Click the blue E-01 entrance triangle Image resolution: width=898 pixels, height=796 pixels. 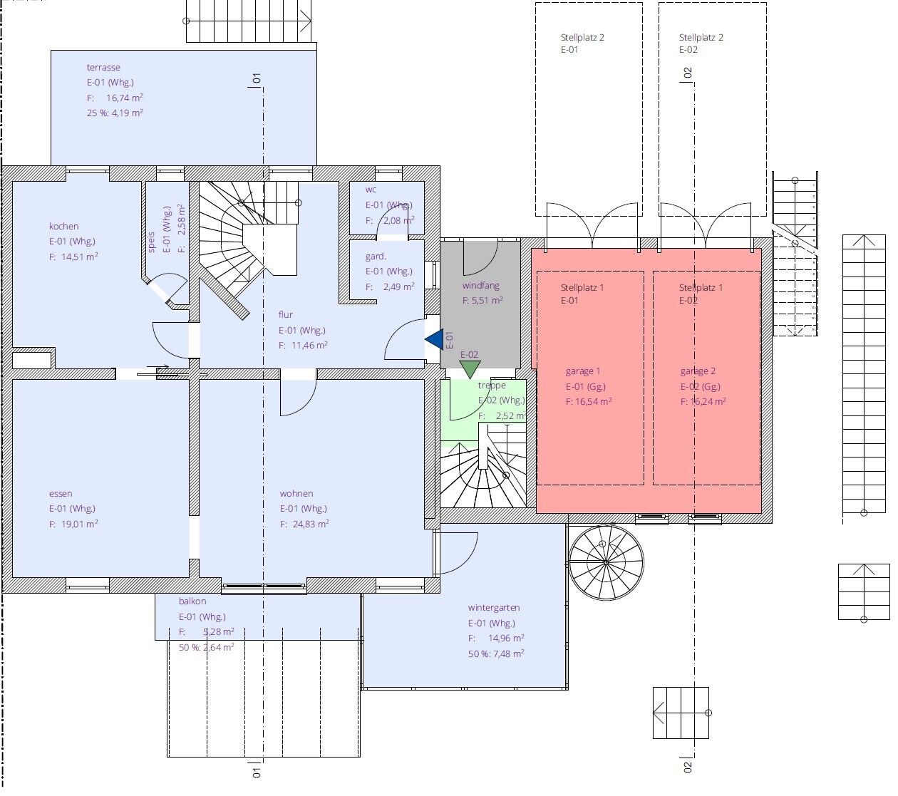click(436, 340)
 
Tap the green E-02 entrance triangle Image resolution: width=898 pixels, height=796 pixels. click(470, 369)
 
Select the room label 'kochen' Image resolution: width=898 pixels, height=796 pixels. click(64, 226)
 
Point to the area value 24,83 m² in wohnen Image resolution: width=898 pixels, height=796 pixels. click(310, 524)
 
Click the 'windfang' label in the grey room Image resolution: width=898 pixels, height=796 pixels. click(480, 285)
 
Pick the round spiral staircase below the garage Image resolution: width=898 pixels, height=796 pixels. click(606, 562)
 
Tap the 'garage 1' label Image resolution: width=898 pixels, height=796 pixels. click(583, 371)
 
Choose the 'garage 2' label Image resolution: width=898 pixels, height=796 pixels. click(698, 371)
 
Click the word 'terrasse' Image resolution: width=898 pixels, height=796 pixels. click(103, 68)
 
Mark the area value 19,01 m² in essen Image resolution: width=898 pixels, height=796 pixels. click(79, 524)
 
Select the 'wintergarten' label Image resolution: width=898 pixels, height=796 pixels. click(494, 608)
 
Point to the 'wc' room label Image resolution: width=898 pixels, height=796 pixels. click(371, 190)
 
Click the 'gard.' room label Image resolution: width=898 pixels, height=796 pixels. click(376, 256)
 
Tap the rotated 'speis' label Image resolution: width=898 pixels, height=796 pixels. click(152, 242)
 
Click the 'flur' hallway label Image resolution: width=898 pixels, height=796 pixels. click(286, 314)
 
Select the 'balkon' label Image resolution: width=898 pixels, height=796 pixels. click(192, 601)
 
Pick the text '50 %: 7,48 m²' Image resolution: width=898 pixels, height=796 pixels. click(496, 653)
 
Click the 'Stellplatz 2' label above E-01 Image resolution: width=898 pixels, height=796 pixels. click(582, 37)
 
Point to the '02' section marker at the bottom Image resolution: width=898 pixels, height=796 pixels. click(688, 766)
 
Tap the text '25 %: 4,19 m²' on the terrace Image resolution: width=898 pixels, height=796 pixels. click(115, 113)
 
